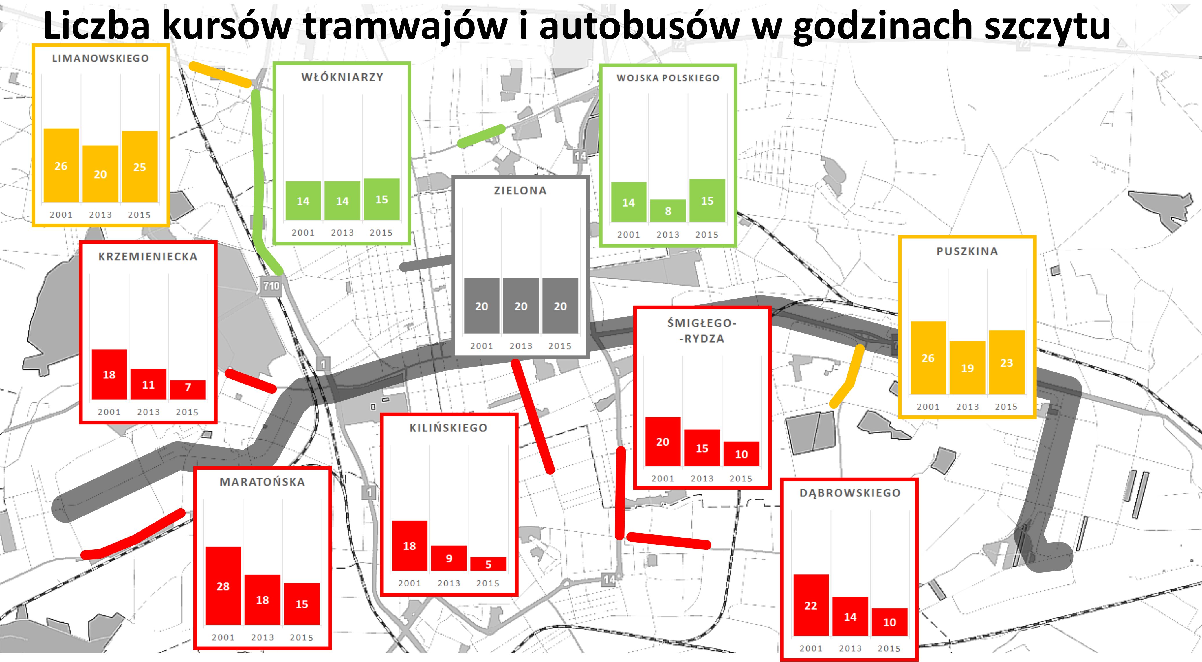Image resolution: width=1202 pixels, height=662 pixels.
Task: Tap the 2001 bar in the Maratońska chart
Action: pos(223,586)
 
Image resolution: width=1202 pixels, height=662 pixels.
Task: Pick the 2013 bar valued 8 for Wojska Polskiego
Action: pos(668,211)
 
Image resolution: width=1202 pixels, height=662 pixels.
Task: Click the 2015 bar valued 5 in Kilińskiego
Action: pos(488,564)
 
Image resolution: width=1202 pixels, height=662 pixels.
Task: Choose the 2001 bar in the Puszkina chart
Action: pos(928,358)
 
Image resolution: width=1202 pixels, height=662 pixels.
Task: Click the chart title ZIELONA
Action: pos(520,190)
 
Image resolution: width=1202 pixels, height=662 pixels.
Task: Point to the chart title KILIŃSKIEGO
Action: pos(448,428)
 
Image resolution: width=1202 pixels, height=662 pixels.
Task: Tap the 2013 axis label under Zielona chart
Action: pos(521,346)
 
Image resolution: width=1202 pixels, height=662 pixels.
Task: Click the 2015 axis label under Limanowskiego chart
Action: pos(140,215)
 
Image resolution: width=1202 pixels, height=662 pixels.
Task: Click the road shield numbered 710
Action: pos(271,286)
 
